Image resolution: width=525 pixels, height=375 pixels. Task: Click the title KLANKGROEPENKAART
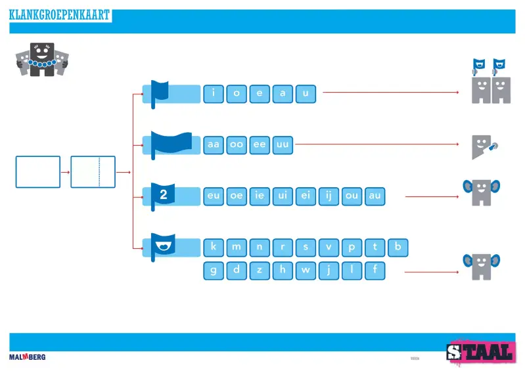pos(59,15)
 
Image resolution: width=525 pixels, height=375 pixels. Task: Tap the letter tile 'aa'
pos(214,144)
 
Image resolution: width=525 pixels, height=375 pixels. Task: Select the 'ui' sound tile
pos(283,196)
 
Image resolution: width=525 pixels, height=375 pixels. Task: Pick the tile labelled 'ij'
pos(329,196)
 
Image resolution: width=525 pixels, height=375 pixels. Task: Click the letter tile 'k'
pos(214,248)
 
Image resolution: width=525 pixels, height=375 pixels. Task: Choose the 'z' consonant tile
pos(260,270)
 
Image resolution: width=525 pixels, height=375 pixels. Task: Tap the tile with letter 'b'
pos(398,248)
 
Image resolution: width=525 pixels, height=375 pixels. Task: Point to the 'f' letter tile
pos(375,270)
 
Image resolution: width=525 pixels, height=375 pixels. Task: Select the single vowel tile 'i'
pos(214,94)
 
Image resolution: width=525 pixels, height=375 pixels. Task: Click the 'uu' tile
pos(283,144)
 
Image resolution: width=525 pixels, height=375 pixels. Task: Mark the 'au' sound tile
pos(375,196)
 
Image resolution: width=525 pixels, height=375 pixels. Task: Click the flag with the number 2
pos(162,195)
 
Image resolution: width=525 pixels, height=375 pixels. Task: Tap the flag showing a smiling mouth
pos(162,246)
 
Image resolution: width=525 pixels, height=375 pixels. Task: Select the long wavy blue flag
pos(170,143)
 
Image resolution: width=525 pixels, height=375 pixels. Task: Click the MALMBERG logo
pos(27,357)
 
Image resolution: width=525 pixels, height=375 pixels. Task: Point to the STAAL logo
pos(480,352)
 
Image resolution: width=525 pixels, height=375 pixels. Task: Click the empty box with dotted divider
pos(93,172)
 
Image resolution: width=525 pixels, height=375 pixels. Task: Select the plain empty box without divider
pos(38,172)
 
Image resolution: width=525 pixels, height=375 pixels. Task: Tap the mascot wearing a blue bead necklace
pos(41,60)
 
